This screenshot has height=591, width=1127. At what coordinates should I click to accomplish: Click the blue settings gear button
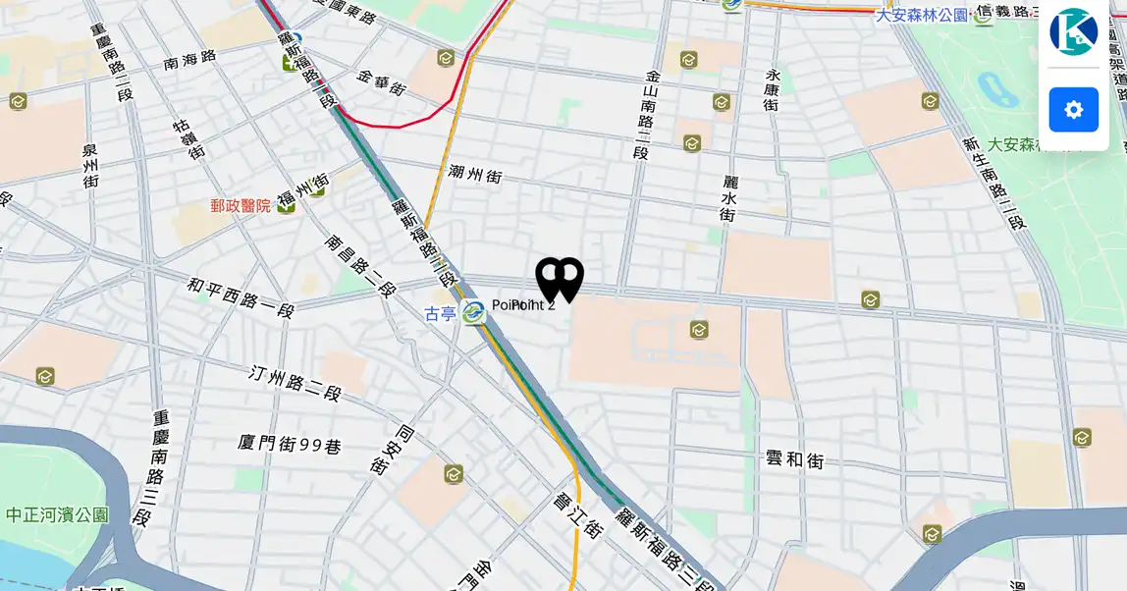coord(1073,110)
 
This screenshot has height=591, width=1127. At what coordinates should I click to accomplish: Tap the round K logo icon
coord(1073,31)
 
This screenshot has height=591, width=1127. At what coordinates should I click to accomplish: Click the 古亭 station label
coord(440,314)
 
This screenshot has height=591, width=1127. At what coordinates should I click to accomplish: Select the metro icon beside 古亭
coord(473,313)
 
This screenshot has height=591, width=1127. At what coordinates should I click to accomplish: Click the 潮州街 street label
coord(475,175)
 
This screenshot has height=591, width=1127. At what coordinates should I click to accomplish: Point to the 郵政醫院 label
coord(241,205)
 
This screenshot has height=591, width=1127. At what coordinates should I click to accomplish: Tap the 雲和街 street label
coord(794,459)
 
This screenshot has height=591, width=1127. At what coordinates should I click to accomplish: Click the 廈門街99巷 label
coord(290,445)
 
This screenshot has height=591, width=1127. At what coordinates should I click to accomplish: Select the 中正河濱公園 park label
coord(57,514)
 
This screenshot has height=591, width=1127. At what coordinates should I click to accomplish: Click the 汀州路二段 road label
coord(295,383)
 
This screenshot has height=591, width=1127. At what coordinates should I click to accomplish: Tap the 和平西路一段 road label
coord(241,297)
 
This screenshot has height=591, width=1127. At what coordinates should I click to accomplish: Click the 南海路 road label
coord(189,60)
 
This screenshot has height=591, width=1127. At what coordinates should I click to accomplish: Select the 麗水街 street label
coord(728,198)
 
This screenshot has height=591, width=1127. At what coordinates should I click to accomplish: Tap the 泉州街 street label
coord(90,165)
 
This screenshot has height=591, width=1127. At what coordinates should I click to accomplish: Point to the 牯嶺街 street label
coord(189,138)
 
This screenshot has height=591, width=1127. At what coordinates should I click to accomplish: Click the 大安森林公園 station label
coord(921,15)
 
